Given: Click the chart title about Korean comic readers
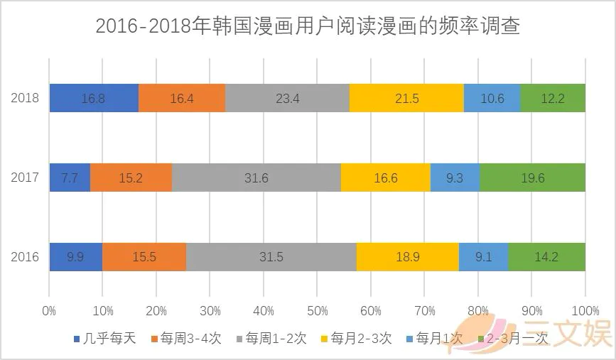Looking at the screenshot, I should tap(308, 27).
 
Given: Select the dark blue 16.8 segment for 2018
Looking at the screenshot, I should tap(94, 98).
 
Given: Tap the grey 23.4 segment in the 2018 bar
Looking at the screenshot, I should tap(287, 98).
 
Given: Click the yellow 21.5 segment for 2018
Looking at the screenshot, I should tap(406, 98).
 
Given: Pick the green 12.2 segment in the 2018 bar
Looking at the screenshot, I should tap(553, 98).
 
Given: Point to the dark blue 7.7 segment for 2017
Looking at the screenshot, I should tap(70, 178).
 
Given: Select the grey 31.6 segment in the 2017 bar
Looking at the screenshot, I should tap(256, 178).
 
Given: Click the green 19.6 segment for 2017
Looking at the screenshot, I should tap(532, 178).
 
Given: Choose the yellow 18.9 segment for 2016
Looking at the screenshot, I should tap(407, 257).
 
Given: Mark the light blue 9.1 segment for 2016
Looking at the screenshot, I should tap(483, 257).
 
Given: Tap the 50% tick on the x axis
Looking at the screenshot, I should tap(317, 311).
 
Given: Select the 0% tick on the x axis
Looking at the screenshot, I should tap(49, 311).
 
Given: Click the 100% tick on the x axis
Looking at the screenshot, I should tap(585, 311).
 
